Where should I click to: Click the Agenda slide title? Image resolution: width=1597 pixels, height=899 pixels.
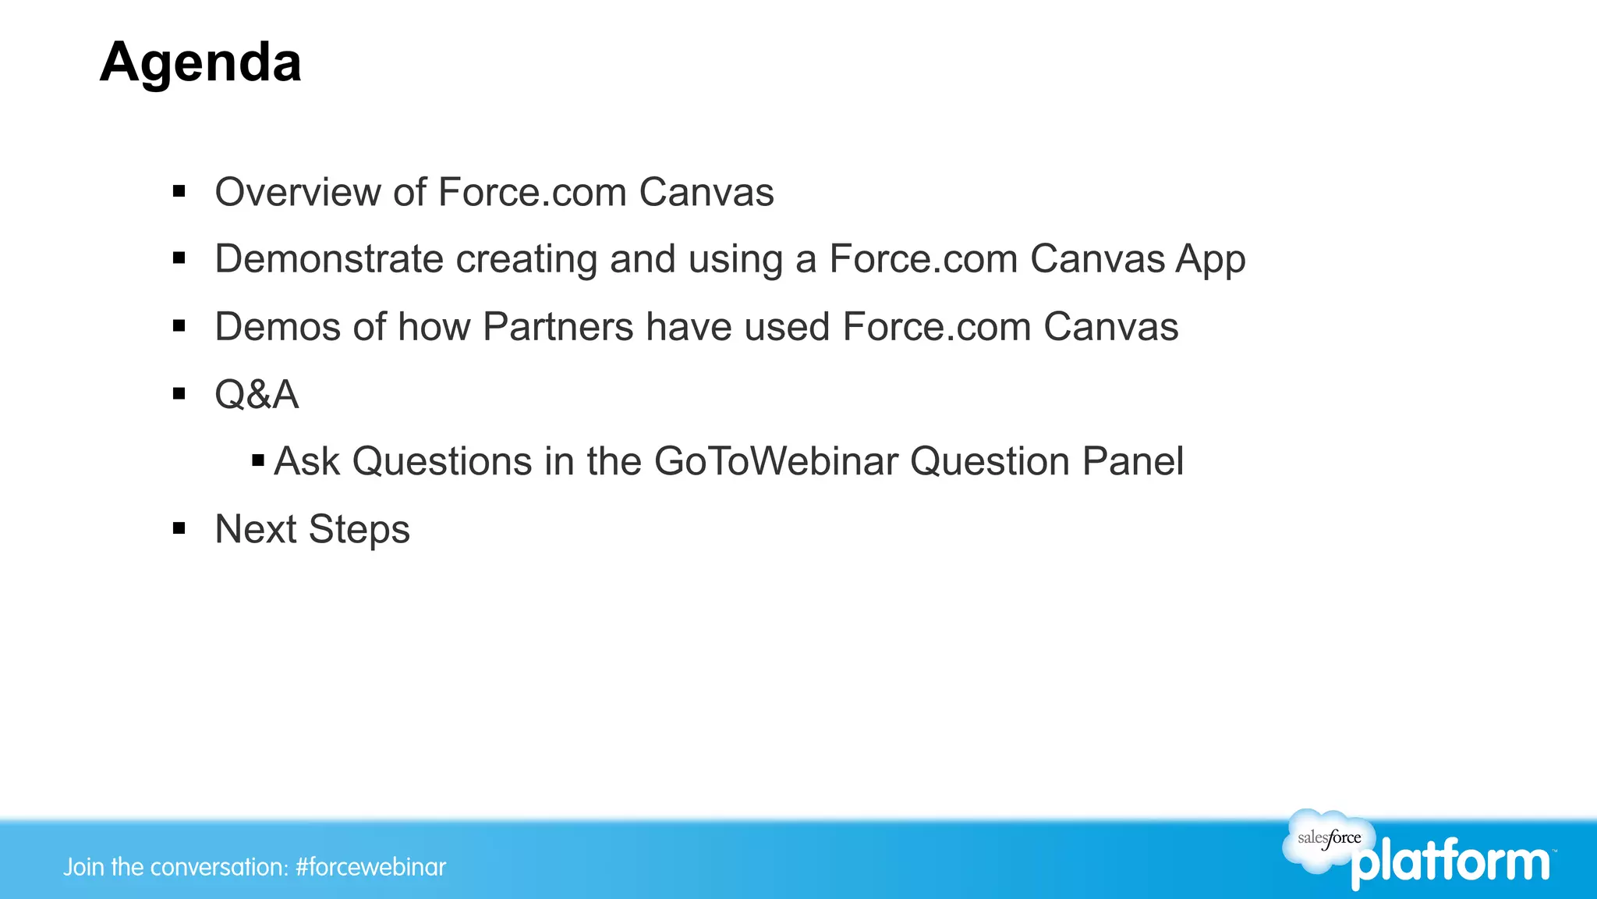point(200,62)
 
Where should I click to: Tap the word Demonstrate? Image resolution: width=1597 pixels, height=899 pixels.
point(328,259)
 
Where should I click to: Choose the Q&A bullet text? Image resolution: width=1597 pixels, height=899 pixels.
point(257,394)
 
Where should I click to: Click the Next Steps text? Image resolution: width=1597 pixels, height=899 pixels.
point(312,529)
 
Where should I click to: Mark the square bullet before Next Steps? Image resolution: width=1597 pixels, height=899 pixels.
point(179,529)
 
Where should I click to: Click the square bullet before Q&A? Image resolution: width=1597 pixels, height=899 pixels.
point(179,394)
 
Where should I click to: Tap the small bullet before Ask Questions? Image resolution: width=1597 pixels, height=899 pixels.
point(258,461)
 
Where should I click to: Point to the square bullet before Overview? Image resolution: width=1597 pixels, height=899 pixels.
point(179,191)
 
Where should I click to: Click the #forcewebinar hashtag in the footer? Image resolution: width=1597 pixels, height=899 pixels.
point(371,867)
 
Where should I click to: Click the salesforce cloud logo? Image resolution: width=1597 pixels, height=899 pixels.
point(1327,840)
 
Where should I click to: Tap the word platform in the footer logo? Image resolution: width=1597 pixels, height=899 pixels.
point(1450,862)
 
